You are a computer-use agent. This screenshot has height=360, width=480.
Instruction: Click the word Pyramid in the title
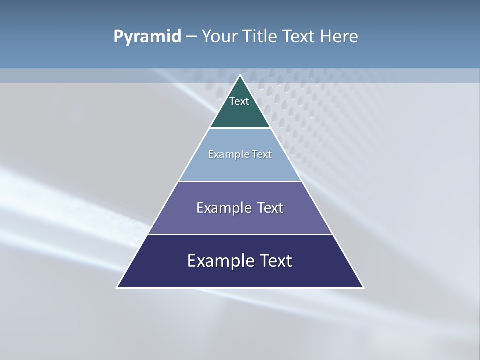147,37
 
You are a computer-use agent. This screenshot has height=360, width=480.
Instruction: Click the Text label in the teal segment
239,101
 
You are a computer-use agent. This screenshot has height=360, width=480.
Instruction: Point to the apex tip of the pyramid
240,76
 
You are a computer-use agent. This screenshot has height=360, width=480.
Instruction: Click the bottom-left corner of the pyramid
118,287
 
